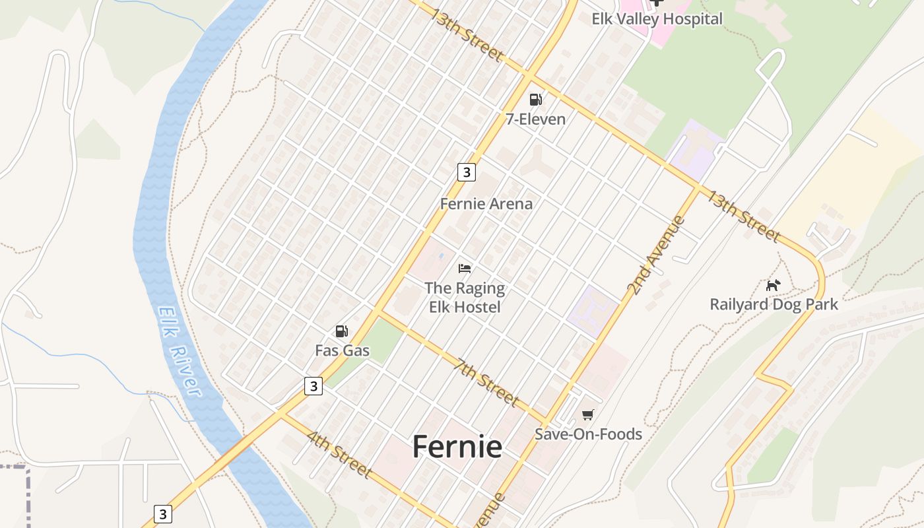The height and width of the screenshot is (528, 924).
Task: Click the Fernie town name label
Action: pyautogui.click(x=457, y=447)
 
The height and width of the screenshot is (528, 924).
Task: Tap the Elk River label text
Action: pyautogui.click(x=179, y=351)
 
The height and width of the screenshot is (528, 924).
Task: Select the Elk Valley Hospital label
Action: pyautogui.click(x=657, y=18)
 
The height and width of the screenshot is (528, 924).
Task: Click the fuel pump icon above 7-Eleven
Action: pyautogui.click(x=535, y=100)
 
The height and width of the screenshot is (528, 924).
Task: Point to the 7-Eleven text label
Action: pyautogui.click(x=535, y=119)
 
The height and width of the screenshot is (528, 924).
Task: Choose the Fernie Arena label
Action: pyautogui.click(x=486, y=204)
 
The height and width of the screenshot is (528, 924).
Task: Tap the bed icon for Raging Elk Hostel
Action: pyautogui.click(x=465, y=269)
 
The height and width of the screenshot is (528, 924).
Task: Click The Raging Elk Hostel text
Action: pyautogui.click(x=465, y=298)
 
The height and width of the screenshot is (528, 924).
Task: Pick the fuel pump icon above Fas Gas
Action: pyautogui.click(x=341, y=331)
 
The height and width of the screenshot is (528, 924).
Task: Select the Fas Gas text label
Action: pyautogui.click(x=343, y=350)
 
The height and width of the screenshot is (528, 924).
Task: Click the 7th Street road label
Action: pyautogui.click(x=486, y=381)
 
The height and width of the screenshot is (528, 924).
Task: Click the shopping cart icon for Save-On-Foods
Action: pyautogui.click(x=587, y=414)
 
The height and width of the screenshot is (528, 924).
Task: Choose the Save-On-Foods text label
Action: pyautogui.click(x=588, y=434)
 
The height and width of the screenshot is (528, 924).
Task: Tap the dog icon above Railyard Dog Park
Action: pyautogui.click(x=773, y=285)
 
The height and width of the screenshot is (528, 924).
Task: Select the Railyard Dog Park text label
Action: pyautogui.click(x=774, y=304)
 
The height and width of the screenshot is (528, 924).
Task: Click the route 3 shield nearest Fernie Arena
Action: pyautogui.click(x=466, y=172)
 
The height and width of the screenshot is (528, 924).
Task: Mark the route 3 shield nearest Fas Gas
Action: pyautogui.click(x=313, y=386)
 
